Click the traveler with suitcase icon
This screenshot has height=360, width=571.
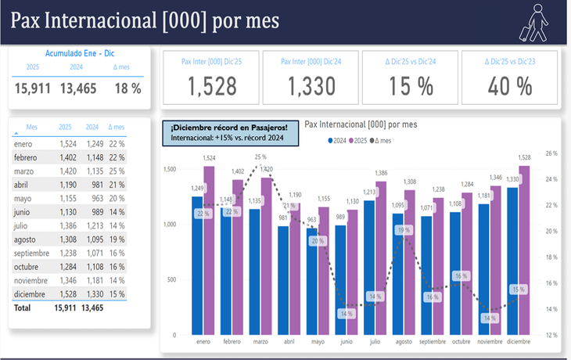click(x=536, y=22)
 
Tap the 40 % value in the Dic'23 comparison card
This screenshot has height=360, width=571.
click(x=510, y=86)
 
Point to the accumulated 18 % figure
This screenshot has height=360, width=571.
click(x=127, y=88)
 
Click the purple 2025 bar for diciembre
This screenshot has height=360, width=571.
click(x=524, y=250)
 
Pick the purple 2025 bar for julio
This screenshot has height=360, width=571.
click(x=382, y=258)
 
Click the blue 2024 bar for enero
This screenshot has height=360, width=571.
click(x=197, y=265)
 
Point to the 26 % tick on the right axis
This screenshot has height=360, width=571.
click(x=551, y=153)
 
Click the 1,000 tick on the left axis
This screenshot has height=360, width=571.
click(x=170, y=225)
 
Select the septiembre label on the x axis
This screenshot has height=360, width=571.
click(x=433, y=342)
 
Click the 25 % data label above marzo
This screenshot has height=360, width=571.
click(x=260, y=157)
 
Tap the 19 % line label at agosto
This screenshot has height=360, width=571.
click(x=404, y=230)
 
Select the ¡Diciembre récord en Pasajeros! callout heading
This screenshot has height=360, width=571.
click(x=229, y=127)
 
